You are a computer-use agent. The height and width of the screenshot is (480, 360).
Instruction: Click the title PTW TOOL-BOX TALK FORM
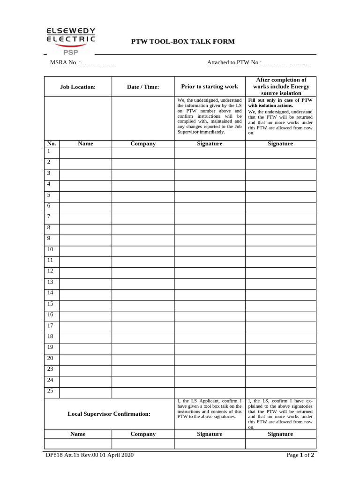point(183,42)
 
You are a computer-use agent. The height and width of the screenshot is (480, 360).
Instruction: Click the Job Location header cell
point(78,87)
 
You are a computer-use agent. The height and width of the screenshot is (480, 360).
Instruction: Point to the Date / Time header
point(143,87)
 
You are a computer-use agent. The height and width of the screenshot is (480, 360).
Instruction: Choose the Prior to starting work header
point(210,86)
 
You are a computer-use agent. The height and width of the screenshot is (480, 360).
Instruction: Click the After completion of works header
point(280,86)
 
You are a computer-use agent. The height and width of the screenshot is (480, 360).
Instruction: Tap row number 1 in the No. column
point(48,151)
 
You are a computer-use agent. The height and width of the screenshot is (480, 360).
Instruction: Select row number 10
point(50,249)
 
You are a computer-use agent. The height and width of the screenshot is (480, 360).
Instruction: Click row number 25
point(50,391)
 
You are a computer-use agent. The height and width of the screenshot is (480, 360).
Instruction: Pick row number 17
point(50,325)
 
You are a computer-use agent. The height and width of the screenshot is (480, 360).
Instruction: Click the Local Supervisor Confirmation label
point(109,414)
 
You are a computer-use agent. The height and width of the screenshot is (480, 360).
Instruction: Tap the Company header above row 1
point(143,143)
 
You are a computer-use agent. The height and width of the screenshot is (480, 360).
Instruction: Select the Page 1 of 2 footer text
point(300,455)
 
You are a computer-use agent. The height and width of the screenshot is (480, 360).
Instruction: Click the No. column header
point(52,143)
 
